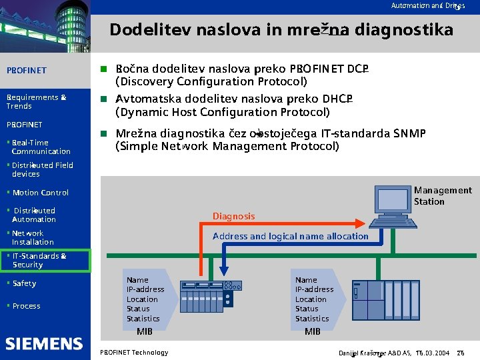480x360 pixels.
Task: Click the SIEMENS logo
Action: coord(44,344)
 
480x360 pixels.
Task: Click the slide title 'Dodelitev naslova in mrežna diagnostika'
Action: coord(281,30)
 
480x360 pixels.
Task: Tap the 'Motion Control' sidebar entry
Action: coord(40,193)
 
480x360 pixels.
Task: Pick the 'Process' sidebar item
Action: coord(26,306)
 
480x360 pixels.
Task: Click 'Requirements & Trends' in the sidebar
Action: coord(36,101)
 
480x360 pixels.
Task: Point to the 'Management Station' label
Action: coord(442,195)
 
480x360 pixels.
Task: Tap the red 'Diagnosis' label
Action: coord(233,216)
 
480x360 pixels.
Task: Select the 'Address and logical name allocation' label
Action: coord(290,236)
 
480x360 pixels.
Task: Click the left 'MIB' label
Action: coord(145,331)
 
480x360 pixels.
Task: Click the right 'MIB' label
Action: coord(313,331)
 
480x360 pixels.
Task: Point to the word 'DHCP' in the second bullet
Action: coord(336,99)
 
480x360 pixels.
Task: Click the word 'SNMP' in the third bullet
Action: coord(409,133)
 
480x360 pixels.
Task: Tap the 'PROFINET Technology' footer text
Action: coord(133,352)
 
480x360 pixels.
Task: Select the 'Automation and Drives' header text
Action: coord(427,5)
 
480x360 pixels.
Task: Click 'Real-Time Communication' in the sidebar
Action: coord(40,147)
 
